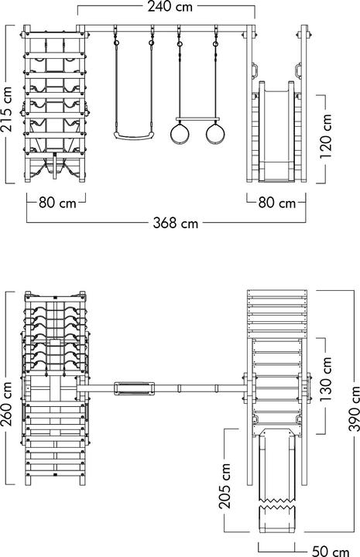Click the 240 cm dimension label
(170, 7)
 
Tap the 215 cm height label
(7, 109)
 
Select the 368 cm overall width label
(176, 223)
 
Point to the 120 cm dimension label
(325, 136)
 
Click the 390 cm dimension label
(354, 408)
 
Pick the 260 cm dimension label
(7, 404)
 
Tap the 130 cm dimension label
(325, 380)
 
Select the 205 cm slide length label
(225, 486)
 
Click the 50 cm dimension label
(331, 551)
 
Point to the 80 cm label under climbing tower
(57, 203)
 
